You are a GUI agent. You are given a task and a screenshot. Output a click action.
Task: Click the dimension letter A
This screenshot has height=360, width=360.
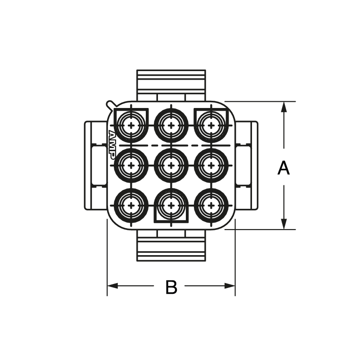283,168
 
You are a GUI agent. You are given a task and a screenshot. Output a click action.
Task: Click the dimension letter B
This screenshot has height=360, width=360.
171,287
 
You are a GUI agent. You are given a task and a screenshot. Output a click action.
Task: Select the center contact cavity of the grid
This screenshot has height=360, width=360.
171,165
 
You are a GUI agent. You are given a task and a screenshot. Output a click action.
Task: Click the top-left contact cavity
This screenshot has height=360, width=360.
131,125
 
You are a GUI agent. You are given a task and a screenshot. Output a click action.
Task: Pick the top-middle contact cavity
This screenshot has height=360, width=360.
171,125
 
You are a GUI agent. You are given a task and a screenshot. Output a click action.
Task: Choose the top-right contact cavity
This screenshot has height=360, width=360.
211,125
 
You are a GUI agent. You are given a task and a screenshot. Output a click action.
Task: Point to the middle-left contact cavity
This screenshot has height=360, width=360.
131,165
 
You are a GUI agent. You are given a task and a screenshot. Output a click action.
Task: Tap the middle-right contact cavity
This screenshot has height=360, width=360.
211,165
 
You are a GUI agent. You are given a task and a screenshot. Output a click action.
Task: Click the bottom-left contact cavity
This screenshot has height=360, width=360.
131,205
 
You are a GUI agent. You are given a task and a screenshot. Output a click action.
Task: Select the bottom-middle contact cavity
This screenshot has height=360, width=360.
171,205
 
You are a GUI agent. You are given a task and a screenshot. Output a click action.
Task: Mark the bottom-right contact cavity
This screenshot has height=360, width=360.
211,205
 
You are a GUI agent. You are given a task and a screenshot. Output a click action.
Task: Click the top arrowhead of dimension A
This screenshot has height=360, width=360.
283,107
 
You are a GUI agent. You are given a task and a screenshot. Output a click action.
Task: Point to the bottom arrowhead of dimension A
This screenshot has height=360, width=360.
283,224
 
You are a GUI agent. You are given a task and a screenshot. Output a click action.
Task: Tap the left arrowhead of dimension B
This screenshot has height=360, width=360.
112,286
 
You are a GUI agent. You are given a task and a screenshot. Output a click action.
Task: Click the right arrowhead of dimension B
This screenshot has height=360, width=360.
230,286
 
